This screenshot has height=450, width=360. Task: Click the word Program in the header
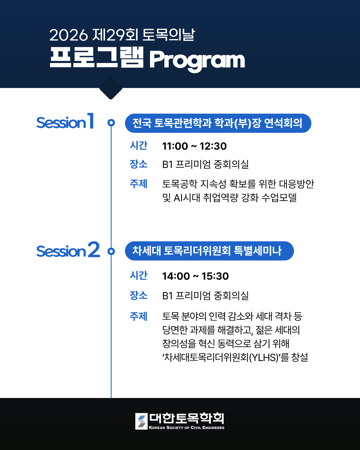pos(197,61)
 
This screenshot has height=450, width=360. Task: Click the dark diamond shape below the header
pos(111,88)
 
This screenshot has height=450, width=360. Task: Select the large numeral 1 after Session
pos(90,121)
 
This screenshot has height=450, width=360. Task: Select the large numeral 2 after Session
pos(94,249)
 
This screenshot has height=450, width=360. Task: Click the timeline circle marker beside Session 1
pos(111,123)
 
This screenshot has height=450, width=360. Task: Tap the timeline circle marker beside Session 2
pos(111,251)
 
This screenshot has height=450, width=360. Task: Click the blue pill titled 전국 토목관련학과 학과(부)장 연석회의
pos(218,123)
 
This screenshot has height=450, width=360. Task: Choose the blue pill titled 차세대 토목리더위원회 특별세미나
pos(209,251)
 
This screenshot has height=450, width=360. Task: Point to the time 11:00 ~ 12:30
pos(194,146)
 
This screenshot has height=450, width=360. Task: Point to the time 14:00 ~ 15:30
pos(195,276)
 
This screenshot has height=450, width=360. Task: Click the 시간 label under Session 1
pos(139,145)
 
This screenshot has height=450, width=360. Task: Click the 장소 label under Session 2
pos(139,295)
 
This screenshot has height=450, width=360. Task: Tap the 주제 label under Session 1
pos(139,184)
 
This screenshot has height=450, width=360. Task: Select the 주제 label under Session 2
pos(139,316)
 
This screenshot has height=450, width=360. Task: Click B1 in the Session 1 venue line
pos(167,164)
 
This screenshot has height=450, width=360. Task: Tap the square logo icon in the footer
pos(141,421)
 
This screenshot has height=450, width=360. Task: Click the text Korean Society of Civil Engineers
pos(187,428)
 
